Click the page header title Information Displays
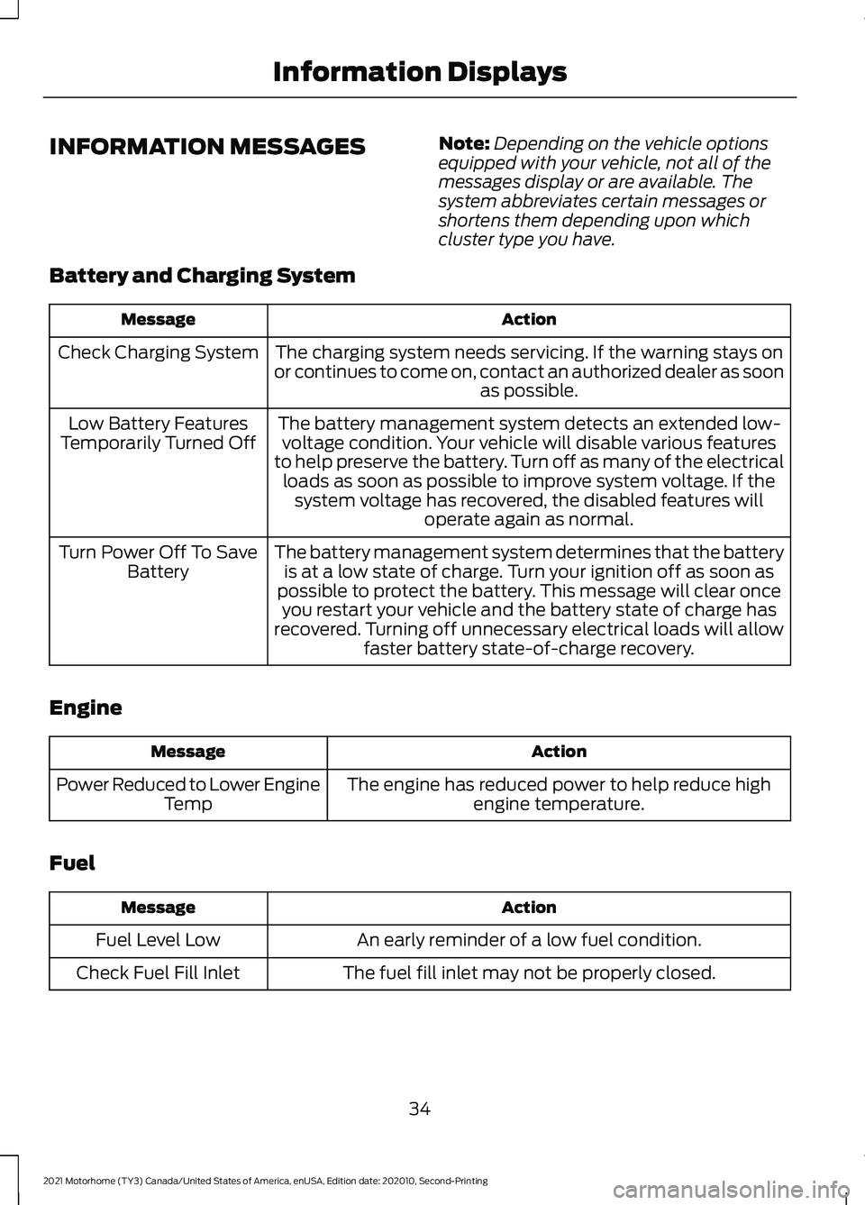[x=419, y=72]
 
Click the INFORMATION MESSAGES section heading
[x=207, y=146]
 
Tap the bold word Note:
[x=464, y=143]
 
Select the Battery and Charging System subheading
[x=202, y=275]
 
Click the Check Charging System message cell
[x=158, y=352]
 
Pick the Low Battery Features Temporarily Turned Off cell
[x=158, y=434]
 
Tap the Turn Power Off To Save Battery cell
[x=158, y=561]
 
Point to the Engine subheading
[x=86, y=707]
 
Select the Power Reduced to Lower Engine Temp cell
[x=187, y=794]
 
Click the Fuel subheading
[x=72, y=863]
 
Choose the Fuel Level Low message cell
[x=158, y=940]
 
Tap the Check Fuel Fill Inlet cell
[x=158, y=973]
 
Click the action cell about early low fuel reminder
[x=529, y=940]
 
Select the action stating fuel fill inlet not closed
[x=529, y=973]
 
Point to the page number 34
[x=419, y=1109]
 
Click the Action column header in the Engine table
[x=559, y=752]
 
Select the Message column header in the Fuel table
[x=158, y=908]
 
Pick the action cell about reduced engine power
[x=559, y=794]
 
